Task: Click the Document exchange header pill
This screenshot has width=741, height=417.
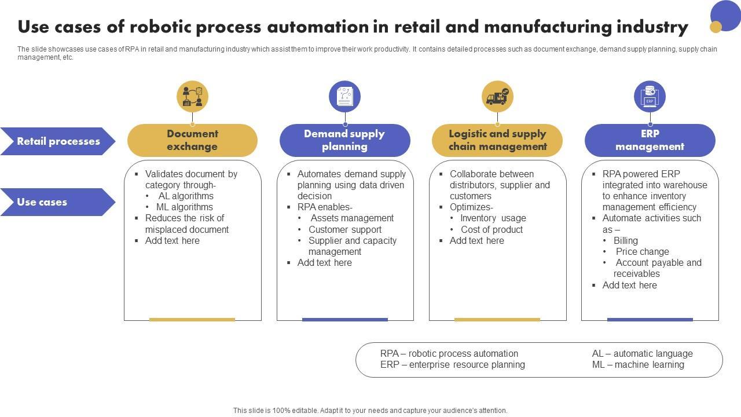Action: coord(192,140)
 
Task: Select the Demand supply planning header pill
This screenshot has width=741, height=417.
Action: coord(344,140)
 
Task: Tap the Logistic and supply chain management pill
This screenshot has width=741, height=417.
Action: coord(497,140)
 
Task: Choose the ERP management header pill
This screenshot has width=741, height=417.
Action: coord(650,140)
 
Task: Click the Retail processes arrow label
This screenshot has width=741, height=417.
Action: coord(58,141)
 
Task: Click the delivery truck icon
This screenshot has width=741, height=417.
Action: coord(497,97)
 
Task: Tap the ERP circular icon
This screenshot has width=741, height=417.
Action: coord(650,97)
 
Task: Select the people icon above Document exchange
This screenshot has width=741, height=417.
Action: coord(192,97)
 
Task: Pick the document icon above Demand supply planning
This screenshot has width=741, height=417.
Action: coord(344,97)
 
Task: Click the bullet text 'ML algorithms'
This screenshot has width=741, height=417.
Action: coord(184,207)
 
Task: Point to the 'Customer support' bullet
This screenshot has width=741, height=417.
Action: coord(345,229)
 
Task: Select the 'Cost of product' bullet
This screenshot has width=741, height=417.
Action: coord(491,229)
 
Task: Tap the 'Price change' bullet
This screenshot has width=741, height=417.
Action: coord(642,251)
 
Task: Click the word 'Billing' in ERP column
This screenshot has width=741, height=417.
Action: coord(626,240)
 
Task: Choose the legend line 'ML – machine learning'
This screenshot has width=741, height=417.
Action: coord(638,364)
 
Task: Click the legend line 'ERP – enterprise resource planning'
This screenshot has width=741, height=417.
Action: coord(452,364)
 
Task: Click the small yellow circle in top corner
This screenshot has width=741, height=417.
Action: coord(716,27)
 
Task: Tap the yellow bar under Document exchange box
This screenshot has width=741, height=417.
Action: coord(192,319)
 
